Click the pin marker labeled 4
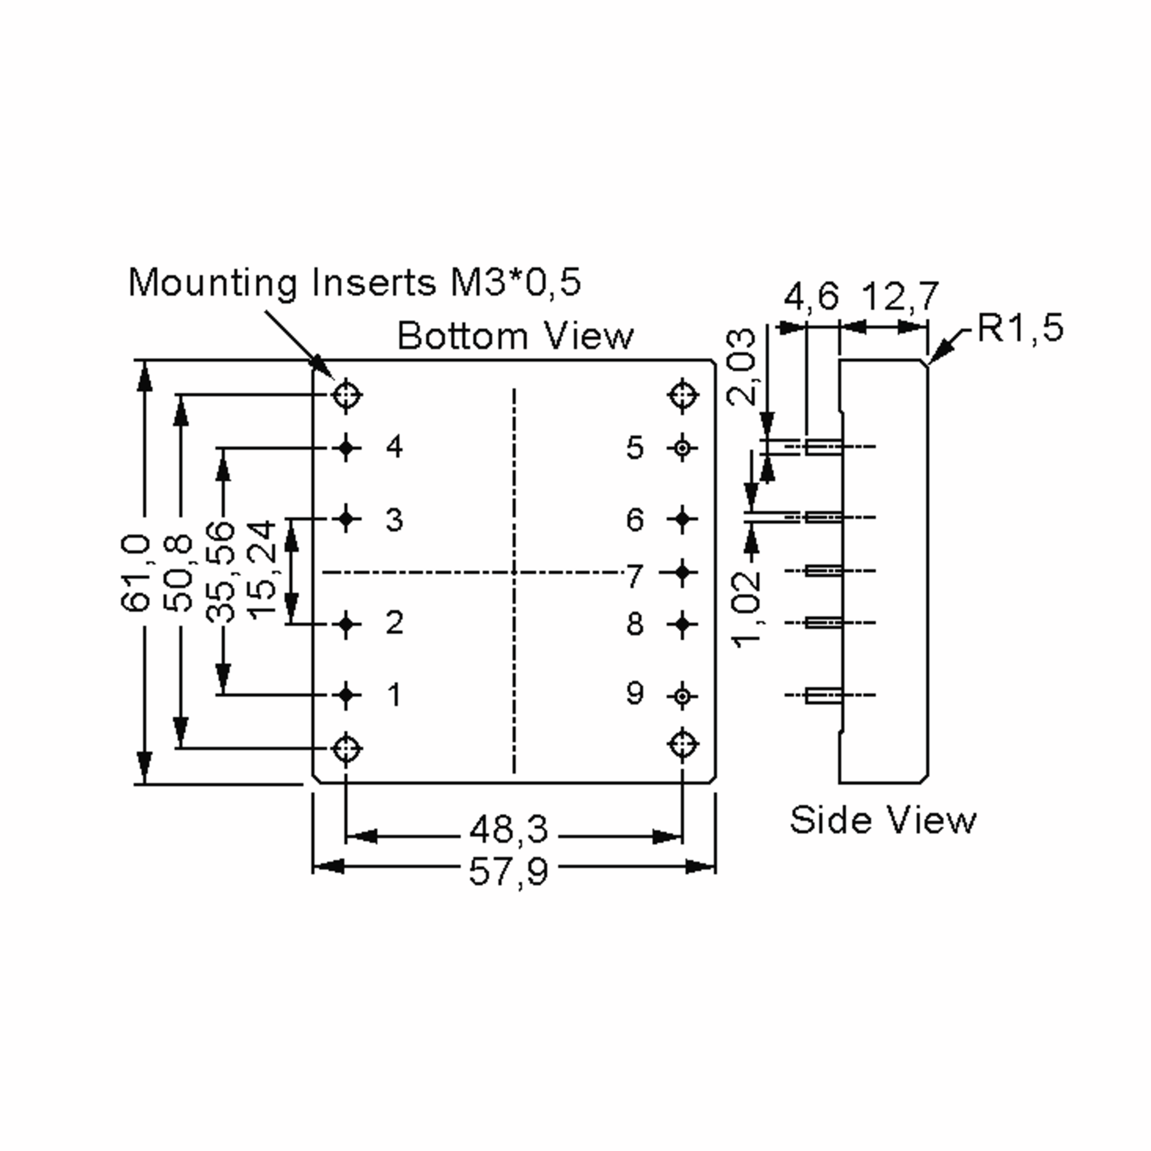[x=346, y=447]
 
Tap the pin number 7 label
[x=634, y=576]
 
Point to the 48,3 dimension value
[x=508, y=829]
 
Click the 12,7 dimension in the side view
[x=900, y=296]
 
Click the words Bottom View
[x=516, y=336]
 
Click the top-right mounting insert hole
[x=683, y=394]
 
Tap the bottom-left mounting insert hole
[x=346, y=748]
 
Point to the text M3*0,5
[x=516, y=282]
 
